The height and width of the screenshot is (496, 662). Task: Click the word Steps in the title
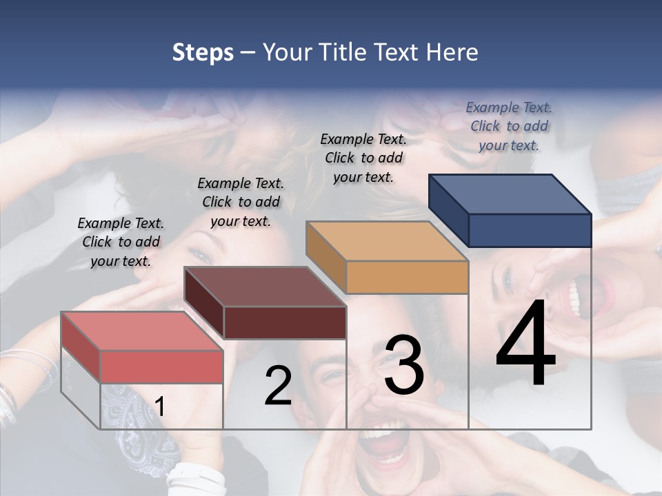203,52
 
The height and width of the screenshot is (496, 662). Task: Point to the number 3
404,365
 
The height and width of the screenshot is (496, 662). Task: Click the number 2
278,386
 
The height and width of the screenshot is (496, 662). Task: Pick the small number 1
160,406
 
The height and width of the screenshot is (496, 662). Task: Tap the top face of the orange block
388,241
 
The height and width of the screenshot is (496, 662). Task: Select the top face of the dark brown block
265,287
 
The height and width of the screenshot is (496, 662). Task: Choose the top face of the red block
142,331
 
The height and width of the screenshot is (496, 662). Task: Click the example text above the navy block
509,126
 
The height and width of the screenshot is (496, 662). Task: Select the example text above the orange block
363,158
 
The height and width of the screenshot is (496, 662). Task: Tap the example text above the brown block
241,202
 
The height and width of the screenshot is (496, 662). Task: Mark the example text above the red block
121,242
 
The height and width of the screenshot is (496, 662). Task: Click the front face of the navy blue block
530,230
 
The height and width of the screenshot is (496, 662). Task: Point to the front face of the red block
161,366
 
